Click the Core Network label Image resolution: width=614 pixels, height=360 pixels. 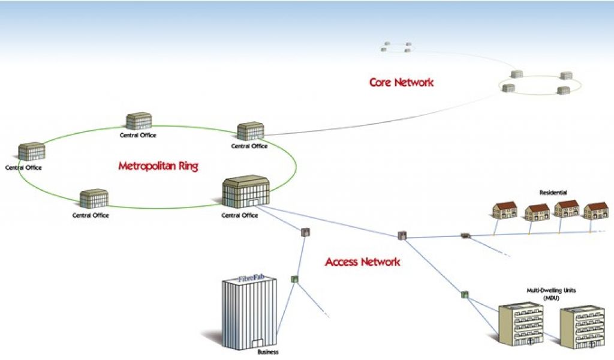click(401, 83)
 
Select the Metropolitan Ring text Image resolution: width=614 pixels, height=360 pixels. click(158, 166)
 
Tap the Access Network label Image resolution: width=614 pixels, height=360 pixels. click(363, 262)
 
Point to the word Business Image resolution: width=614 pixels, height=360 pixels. click(268, 352)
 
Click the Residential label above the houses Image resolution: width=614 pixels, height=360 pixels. click(553, 193)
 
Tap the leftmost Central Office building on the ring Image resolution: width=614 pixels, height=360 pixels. click(31, 152)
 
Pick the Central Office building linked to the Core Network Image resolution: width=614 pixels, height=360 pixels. click(250, 131)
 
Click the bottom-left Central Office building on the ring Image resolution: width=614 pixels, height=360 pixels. click(94, 199)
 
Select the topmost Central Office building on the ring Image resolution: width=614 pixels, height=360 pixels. click(139, 121)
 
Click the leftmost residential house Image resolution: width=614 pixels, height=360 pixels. click(505, 210)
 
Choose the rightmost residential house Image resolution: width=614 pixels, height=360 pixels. click(597, 211)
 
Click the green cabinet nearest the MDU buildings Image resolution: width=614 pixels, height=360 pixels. click(465, 295)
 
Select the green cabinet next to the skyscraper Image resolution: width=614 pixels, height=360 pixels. click(294, 279)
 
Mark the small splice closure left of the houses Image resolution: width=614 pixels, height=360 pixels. click(465, 236)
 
